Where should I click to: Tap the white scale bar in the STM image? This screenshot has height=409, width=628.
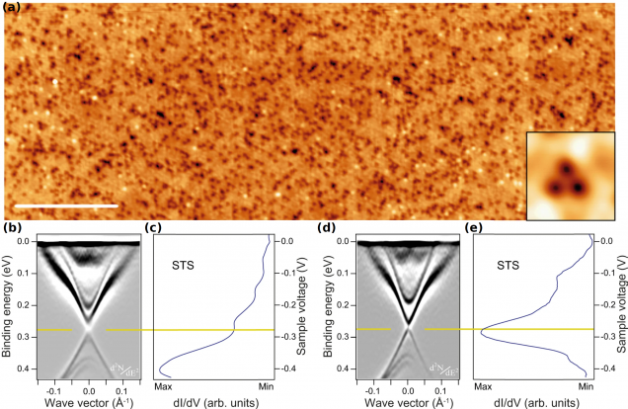click(x=66, y=205)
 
